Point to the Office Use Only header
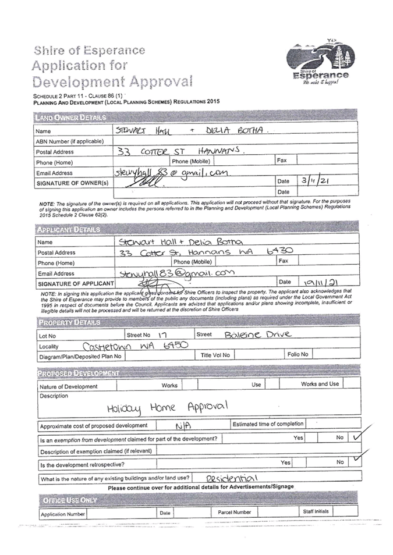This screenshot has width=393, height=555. pyautogui.click(x=69, y=500)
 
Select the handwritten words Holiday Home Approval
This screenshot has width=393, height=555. pyautogui.click(x=167, y=408)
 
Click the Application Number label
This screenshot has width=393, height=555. pyautogui.click(x=63, y=514)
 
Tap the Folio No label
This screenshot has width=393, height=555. pyautogui.click(x=297, y=354)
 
